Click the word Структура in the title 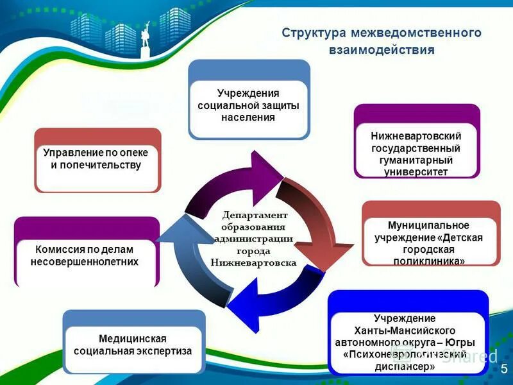click(x=310, y=33)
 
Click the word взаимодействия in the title click(x=382, y=49)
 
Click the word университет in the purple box click(x=416, y=171)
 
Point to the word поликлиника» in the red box click(x=429, y=261)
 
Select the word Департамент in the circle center click(x=255, y=215)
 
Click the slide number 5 click(x=503, y=368)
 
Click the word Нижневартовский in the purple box click(x=416, y=137)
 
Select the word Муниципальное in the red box click(x=429, y=226)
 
